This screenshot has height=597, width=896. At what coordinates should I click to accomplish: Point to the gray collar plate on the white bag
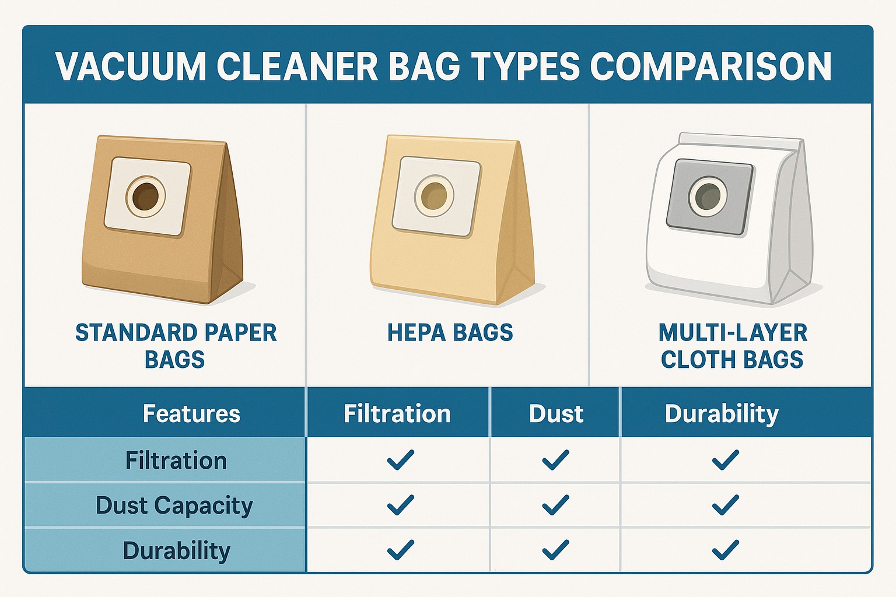tap(709, 196)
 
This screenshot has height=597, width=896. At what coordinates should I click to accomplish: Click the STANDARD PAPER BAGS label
tap(176, 346)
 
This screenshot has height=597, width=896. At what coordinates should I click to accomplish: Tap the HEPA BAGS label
tap(450, 333)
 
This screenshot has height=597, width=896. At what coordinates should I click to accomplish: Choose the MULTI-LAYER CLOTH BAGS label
tap(733, 346)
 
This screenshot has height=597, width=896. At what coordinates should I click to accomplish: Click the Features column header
tap(191, 413)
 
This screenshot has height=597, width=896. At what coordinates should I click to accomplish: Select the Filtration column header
tap(397, 413)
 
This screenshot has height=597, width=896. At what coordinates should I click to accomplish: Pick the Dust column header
tap(556, 413)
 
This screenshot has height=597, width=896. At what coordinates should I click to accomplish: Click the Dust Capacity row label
tap(174, 506)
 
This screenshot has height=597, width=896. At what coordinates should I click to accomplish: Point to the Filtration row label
tap(176, 460)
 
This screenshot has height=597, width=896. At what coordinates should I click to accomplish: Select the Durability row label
tap(176, 551)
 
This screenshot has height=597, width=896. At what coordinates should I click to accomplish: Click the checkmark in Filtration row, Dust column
tap(555, 459)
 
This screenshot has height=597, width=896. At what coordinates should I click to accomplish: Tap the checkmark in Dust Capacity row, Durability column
tap(726, 505)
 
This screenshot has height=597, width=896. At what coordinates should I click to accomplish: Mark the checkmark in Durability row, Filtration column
tap(400, 550)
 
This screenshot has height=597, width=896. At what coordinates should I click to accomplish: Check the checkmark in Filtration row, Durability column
tap(726, 459)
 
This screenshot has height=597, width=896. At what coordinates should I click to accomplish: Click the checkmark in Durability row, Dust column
tap(555, 550)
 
